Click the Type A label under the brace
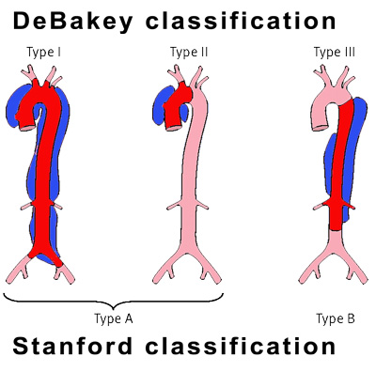click(x=114, y=318)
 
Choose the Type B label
click(x=336, y=318)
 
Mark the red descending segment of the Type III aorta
click(x=341, y=169)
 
